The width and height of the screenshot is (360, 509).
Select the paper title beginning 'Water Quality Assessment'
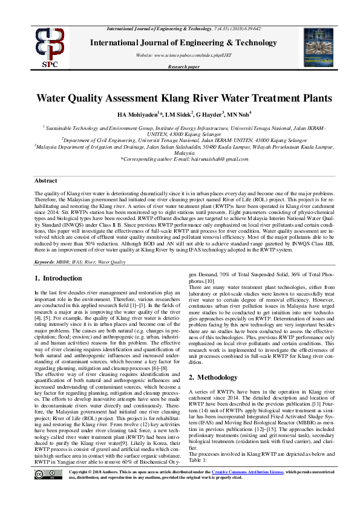pos(185,99)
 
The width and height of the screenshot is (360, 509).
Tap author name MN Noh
pos(240,114)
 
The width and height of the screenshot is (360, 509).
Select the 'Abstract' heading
pos(46,181)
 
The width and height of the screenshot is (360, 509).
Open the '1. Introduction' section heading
pos(54,278)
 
